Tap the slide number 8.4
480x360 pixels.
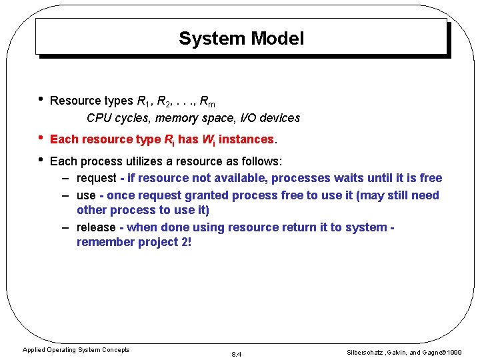point(236,354)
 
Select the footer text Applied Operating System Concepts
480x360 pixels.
point(76,350)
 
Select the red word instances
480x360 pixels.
point(247,139)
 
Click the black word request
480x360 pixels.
point(96,178)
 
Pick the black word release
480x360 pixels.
point(96,227)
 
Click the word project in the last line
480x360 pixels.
point(158,242)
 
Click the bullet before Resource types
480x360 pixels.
point(41,99)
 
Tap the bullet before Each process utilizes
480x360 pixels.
point(41,160)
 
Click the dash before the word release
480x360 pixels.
point(66,227)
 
